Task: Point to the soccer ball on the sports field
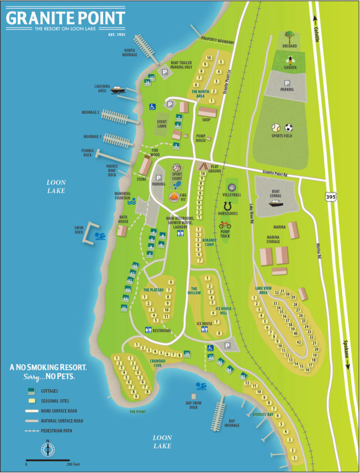[x=289, y=127]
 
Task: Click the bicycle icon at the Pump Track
[x=225, y=225]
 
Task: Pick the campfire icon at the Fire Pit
[x=175, y=197]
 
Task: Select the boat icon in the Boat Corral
[x=276, y=202]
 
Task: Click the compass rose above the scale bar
[x=48, y=449]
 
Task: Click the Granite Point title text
[x=65, y=19]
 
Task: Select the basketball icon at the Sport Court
[x=177, y=167]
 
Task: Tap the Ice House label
[x=204, y=324]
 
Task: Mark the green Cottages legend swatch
[x=32, y=391]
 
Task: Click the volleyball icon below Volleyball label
[x=231, y=186]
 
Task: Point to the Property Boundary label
[x=218, y=39]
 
